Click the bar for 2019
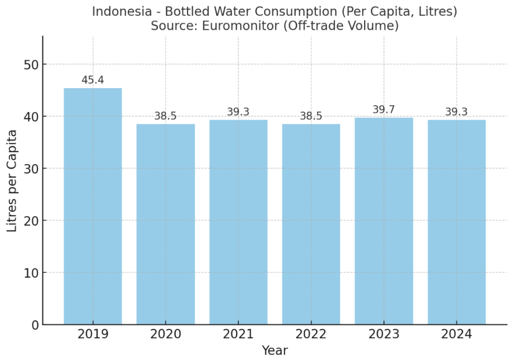[93, 206]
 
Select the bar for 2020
[165, 224]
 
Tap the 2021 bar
[238, 222]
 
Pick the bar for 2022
[311, 224]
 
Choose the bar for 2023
[384, 221]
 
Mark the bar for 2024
[457, 222]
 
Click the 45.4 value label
[93, 80]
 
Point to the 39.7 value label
[384, 110]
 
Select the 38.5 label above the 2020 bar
[165, 116]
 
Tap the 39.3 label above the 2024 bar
[457, 112]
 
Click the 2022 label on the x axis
[311, 335]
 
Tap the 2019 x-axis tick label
[93, 335]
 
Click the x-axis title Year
[274, 351]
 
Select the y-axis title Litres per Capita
[13, 180]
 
